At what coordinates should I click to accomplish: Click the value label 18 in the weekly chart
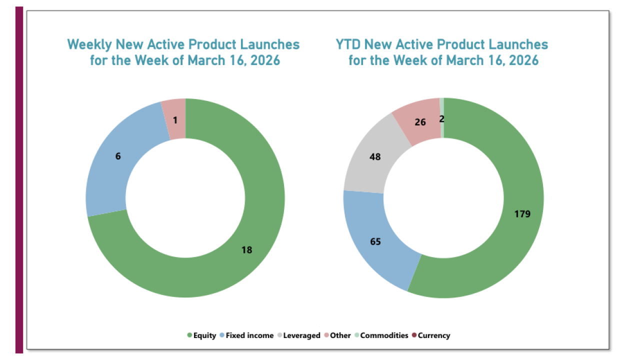[x=246, y=250]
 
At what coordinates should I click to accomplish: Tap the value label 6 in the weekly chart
[x=118, y=156]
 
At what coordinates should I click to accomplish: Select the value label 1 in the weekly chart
[x=175, y=120]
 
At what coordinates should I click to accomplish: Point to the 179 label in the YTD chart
[x=522, y=214]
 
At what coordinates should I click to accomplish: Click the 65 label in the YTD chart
[x=375, y=242]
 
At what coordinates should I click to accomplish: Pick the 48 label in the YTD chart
[x=374, y=156]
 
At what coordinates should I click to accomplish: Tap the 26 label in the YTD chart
[x=420, y=121]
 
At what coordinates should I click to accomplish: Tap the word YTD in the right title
[x=348, y=44]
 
